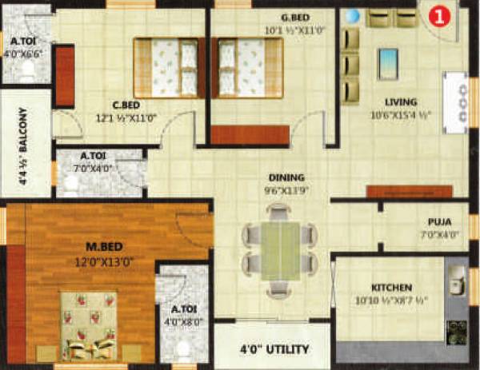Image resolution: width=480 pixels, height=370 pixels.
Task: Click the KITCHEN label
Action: tap(391, 287)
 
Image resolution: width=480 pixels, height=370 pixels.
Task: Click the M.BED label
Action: tap(82, 246)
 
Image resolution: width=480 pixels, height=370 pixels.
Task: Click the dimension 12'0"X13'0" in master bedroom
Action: tap(82, 261)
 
